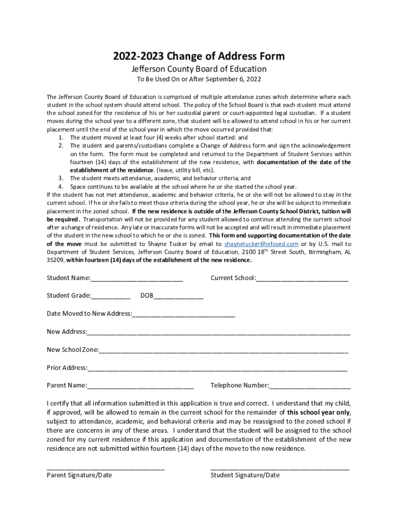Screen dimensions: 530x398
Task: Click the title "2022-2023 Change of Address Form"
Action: (x=199, y=56)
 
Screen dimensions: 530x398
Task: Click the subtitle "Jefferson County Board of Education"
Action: (x=199, y=69)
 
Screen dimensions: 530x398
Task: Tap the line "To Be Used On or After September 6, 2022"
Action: (x=199, y=79)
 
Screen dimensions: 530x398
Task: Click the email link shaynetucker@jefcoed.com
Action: (x=261, y=244)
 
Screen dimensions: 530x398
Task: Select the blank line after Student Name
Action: (x=136, y=278)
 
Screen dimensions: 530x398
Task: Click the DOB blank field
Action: (x=178, y=296)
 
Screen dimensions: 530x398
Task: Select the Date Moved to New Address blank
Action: (x=183, y=314)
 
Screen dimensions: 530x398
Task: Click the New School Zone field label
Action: (x=72, y=349)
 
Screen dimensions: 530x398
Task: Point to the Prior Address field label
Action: (x=67, y=367)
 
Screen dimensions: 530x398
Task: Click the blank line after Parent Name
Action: (x=140, y=386)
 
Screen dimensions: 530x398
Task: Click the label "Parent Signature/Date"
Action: (x=79, y=475)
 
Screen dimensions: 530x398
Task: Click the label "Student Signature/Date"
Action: (x=245, y=475)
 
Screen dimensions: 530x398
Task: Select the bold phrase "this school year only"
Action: (x=318, y=413)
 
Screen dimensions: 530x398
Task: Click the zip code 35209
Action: (x=55, y=260)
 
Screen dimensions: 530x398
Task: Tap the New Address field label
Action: (x=66, y=332)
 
